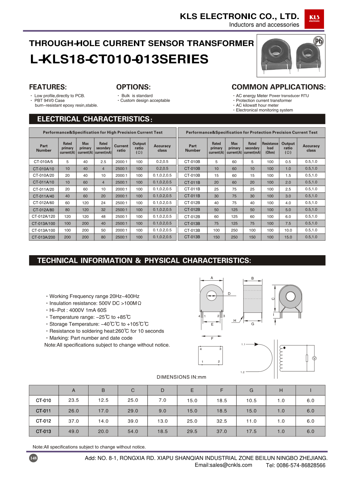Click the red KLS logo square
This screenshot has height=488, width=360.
pyautogui.click(x=314, y=19)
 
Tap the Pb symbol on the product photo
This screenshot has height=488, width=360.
pyautogui.click(x=319, y=41)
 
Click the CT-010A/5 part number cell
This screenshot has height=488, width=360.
pyautogui.click(x=43, y=162)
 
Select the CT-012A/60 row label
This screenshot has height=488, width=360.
pyautogui.click(x=43, y=203)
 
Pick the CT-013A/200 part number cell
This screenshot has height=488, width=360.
pyautogui.click(x=43, y=237)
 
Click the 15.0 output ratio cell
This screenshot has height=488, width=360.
pyautogui.click(x=288, y=237)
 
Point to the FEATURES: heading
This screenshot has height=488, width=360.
pyautogui.click(x=48, y=87)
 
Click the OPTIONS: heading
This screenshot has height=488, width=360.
pyautogui.click(x=133, y=87)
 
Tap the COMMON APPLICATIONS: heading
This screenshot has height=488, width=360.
pyautogui.click(x=278, y=87)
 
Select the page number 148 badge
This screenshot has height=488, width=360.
pyautogui.click(x=33, y=458)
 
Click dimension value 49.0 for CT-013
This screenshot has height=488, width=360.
pyautogui.click(x=73, y=431)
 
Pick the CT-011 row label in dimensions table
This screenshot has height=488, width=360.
pyautogui.click(x=44, y=411)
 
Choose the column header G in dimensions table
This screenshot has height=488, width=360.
pyautogui.click(x=251, y=390)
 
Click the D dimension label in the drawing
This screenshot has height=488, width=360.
pyautogui.click(x=229, y=294)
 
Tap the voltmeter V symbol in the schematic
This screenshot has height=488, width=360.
pyautogui.click(x=314, y=358)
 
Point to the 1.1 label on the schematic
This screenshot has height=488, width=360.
pyautogui.click(x=243, y=344)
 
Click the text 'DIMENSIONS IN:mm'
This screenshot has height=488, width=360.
pyautogui.click(x=181, y=377)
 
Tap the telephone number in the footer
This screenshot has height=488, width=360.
pyautogui.click(x=296, y=465)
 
